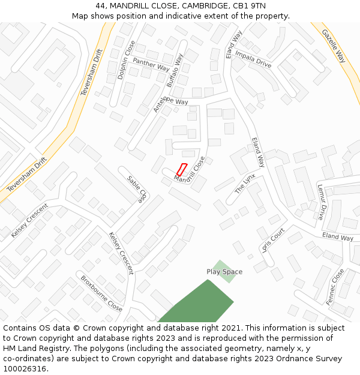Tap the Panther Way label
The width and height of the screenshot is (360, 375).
151,64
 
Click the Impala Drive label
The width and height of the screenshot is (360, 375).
253,59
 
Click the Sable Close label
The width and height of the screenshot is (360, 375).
137,190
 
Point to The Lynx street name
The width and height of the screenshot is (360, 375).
245,184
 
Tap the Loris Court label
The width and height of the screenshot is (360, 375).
273,240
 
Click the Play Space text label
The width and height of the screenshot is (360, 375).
224,272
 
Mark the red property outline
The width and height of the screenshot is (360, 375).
182,170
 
